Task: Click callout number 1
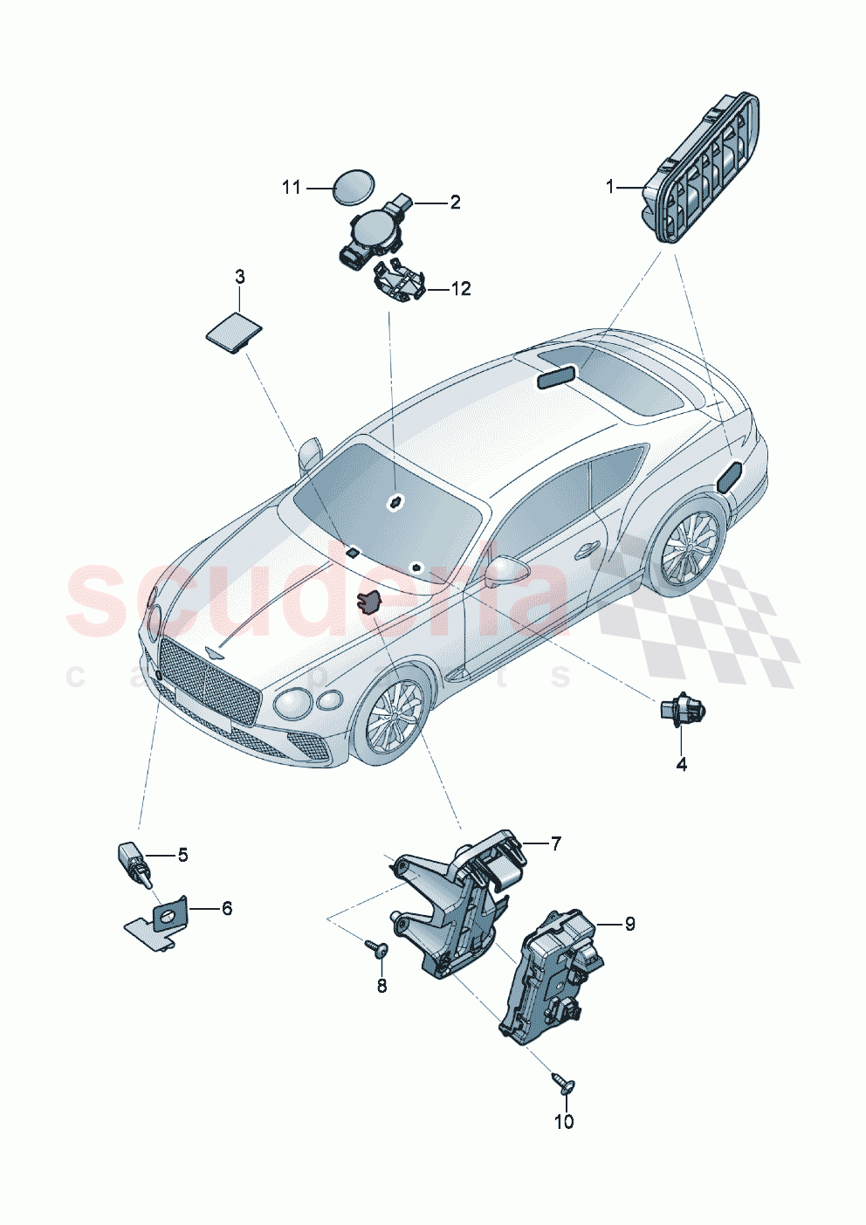pyautogui.click(x=611, y=186)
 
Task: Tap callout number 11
pyautogui.click(x=292, y=187)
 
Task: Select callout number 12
pyautogui.click(x=460, y=288)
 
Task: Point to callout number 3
pyautogui.click(x=239, y=277)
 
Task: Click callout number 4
pyautogui.click(x=681, y=764)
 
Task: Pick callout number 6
pyautogui.click(x=226, y=908)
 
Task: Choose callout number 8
pyautogui.click(x=381, y=987)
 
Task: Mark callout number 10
pyautogui.click(x=564, y=1121)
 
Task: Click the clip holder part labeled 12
pyautogui.click(x=398, y=283)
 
